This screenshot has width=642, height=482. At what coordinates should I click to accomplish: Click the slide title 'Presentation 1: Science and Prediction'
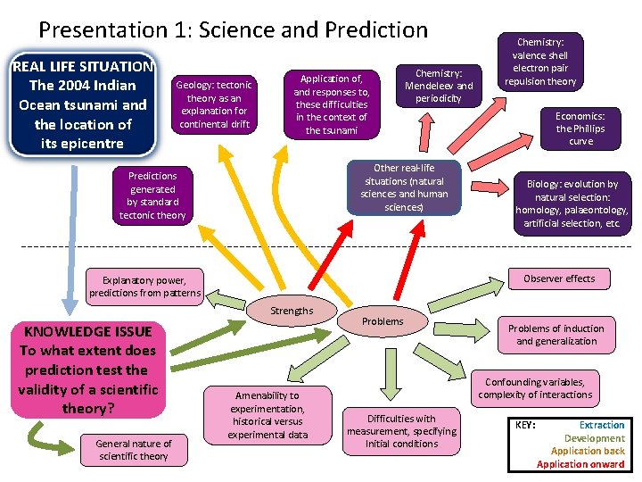tap(234, 29)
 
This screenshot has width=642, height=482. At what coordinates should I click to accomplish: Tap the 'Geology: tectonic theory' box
tap(215, 104)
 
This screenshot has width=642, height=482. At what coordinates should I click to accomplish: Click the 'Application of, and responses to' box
tap(331, 104)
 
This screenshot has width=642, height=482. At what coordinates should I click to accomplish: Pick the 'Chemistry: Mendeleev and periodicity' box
tap(439, 86)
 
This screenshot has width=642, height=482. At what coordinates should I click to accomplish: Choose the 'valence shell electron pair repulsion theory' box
tap(540, 62)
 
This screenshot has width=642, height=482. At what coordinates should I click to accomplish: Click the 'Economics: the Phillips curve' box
tap(580, 129)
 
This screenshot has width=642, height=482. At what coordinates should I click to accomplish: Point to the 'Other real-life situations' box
tap(404, 187)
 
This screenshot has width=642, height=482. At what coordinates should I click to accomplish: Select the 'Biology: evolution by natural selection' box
tap(572, 204)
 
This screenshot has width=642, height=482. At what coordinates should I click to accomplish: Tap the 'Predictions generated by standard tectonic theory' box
tap(152, 195)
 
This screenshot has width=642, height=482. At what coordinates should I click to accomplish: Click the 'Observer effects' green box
tap(559, 278)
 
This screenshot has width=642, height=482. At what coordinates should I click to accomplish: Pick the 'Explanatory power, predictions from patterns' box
tap(145, 286)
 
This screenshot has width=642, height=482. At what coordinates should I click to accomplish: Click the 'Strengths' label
tap(292, 311)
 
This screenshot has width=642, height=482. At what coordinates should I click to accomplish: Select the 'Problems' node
tap(383, 321)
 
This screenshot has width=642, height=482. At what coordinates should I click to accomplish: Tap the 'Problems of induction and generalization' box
tap(556, 335)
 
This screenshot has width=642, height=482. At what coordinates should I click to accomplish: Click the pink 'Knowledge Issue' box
tap(88, 370)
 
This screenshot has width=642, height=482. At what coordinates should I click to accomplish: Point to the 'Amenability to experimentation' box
tap(267, 415)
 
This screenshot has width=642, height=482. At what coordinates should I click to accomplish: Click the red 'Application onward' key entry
tap(580, 464)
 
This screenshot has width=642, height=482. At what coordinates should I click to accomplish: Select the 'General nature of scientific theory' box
tap(134, 450)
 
